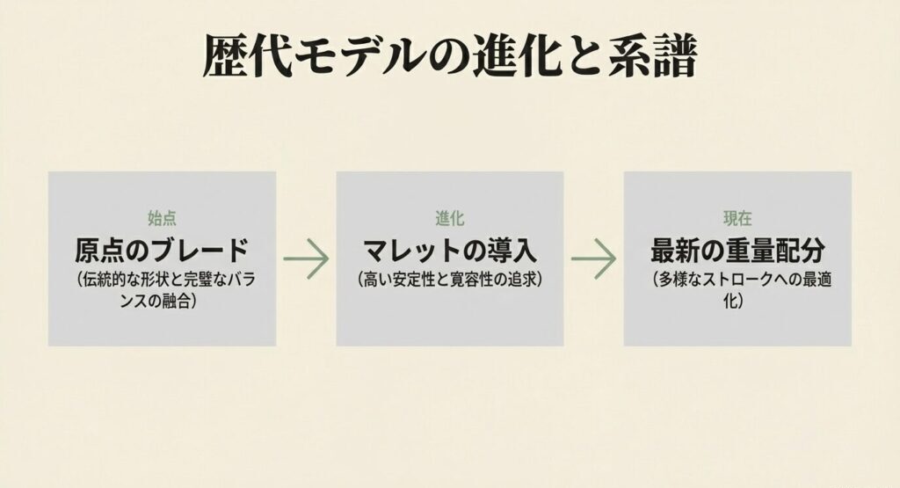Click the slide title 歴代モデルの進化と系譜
(449, 57)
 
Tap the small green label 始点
(163, 217)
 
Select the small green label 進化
(449, 217)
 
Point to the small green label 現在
(737, 217)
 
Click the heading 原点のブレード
(163, 251)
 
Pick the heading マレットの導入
(449, 251)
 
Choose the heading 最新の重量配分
(737, 251)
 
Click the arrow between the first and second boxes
(306, 259)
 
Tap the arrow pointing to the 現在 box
(593, 259)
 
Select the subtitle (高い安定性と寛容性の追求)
(449, 280)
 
